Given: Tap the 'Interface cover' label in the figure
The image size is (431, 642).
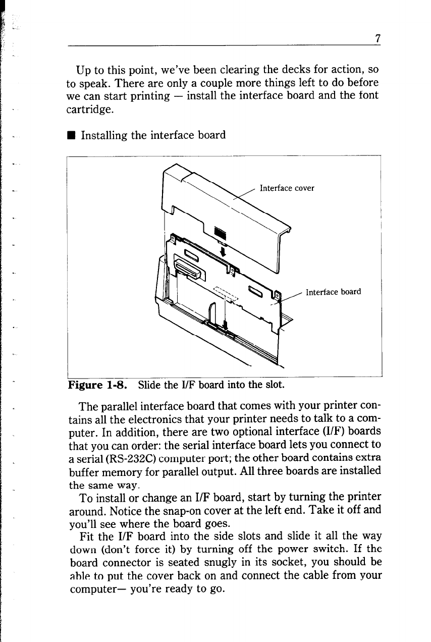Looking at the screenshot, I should point(287,188).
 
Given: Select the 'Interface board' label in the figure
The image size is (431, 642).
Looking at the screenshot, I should point(334,292).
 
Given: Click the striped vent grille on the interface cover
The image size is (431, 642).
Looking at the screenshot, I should point(221,233).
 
